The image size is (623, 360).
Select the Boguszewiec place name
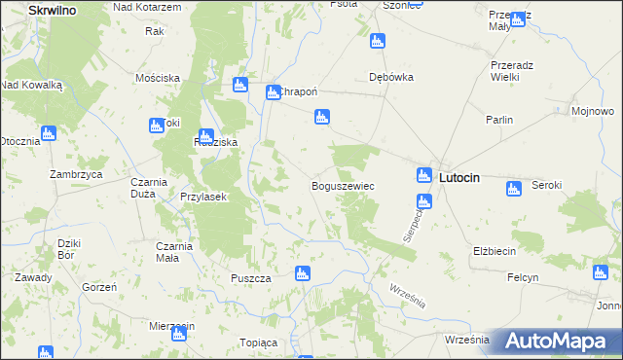[343, 185]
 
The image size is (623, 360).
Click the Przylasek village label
[203, 197]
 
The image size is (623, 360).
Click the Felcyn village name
[523, 277]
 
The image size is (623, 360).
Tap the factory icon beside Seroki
[514, 188]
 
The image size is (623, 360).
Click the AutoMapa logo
[557, 342]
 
